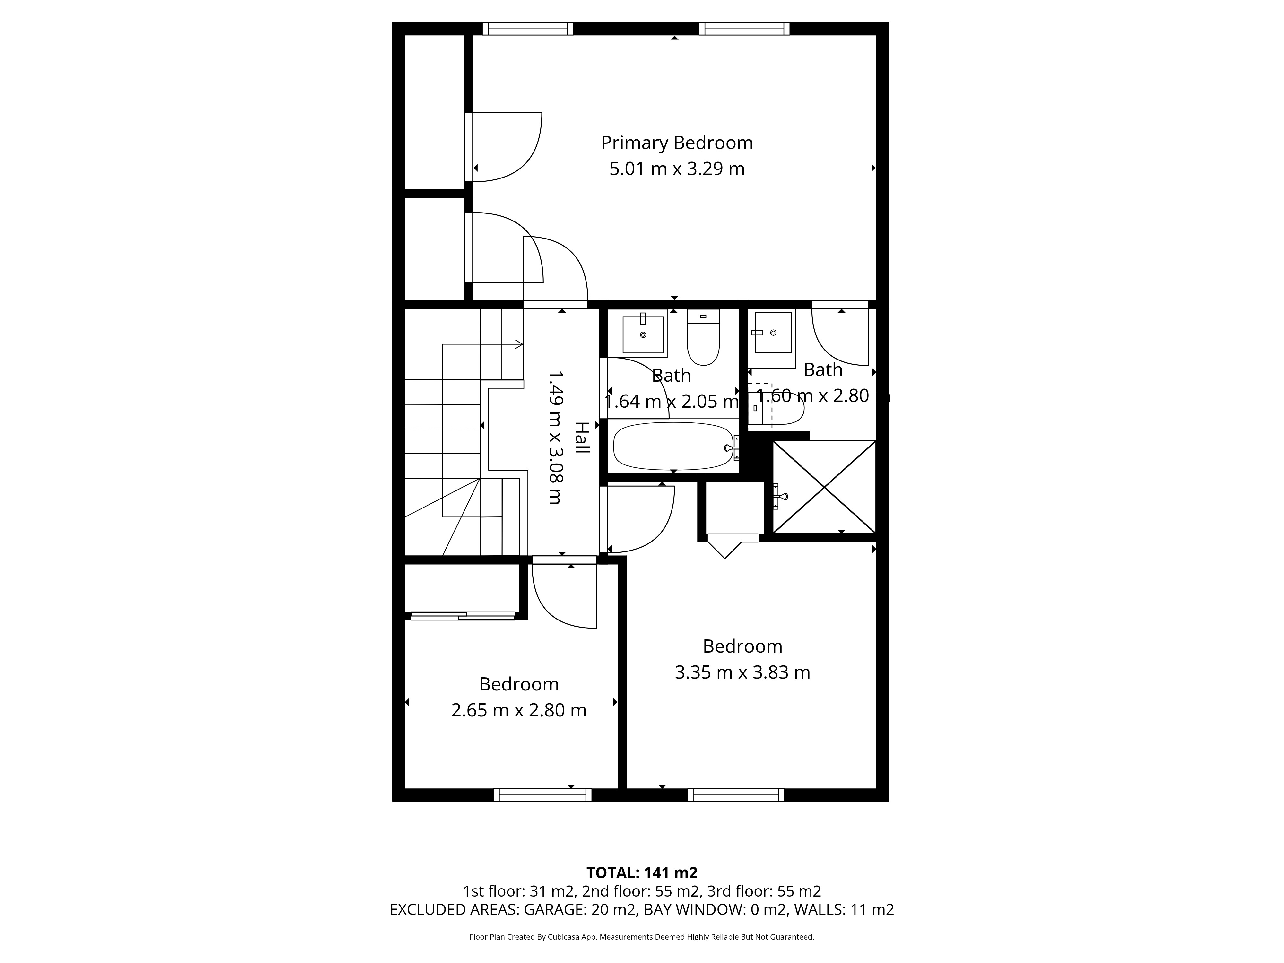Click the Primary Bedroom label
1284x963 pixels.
(677, 143)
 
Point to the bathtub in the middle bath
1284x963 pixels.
(673, 446)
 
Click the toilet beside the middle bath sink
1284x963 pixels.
(703, 337)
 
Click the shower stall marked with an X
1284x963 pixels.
(824, 486)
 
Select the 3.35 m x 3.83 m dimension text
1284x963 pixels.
(742, 672)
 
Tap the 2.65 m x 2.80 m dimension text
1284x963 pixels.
(519, 710)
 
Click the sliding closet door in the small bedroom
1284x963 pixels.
(462, 615)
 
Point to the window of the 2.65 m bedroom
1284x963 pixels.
(543, 795)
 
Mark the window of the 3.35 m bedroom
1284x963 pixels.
(736, 795)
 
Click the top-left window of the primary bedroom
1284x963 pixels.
(528, 29)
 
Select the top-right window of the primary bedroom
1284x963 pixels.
(744, 29)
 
